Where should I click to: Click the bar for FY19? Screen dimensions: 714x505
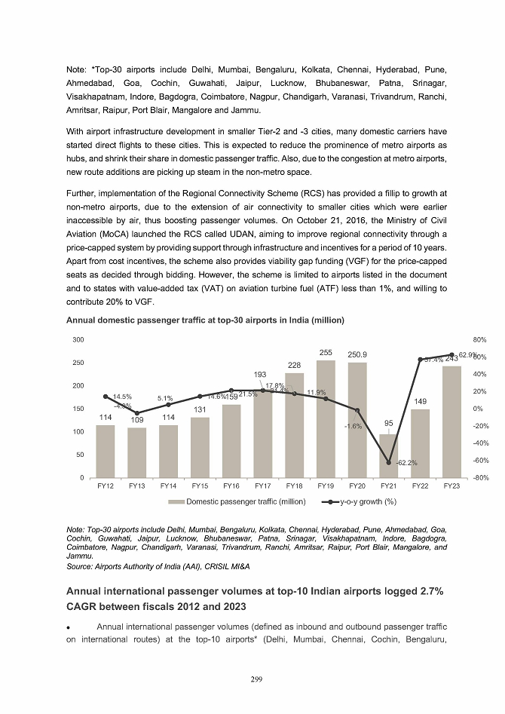326,419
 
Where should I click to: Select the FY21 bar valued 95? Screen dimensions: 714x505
389,456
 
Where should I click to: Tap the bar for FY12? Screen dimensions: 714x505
106,452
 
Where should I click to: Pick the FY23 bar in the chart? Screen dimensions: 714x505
452,422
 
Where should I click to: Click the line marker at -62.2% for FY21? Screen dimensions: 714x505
389,462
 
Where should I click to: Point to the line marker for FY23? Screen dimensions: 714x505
452,354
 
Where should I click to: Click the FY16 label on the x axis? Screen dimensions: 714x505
231,487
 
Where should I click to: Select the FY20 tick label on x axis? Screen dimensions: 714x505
357,487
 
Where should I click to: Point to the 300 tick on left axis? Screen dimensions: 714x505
78,341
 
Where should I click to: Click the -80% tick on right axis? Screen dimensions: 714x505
479,478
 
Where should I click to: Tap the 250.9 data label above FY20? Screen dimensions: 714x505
357,354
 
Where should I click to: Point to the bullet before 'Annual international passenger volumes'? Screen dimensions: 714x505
69,627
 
